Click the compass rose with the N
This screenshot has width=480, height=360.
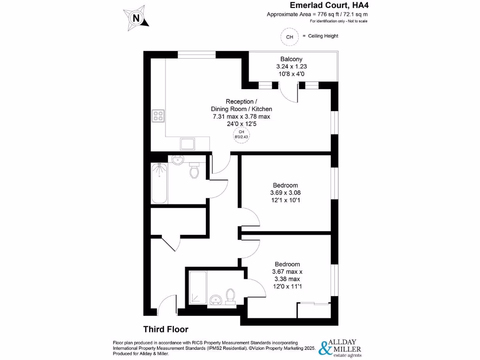pos(136,18)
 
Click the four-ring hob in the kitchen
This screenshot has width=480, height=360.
pos(158,115)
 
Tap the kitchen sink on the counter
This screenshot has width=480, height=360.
pos(187,144)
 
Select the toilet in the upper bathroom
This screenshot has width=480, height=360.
pos(195,170)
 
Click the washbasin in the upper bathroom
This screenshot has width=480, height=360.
pos(178,160)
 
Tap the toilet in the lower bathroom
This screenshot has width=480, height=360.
pos(230,296)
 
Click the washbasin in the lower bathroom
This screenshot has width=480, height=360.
pos(216,299)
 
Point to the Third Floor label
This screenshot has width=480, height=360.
pos(165,330)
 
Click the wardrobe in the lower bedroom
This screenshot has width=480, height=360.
pos(314,311)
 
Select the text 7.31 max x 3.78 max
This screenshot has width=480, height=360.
pos(241,117)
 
